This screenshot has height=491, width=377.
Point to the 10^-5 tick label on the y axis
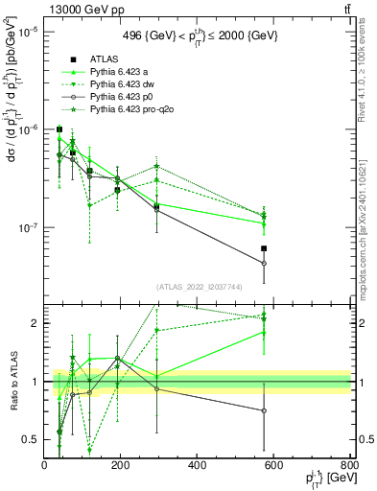point(29,31)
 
